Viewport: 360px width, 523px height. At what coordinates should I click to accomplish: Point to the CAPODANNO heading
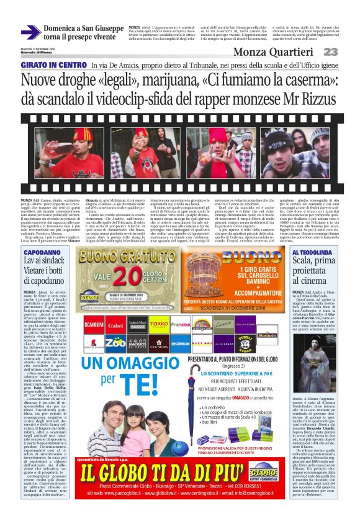click(x=43, y=253)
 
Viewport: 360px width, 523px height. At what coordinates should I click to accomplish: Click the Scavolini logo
click(x=94, y=325)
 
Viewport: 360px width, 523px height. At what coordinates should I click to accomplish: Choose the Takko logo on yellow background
click(x=159, y=325)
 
